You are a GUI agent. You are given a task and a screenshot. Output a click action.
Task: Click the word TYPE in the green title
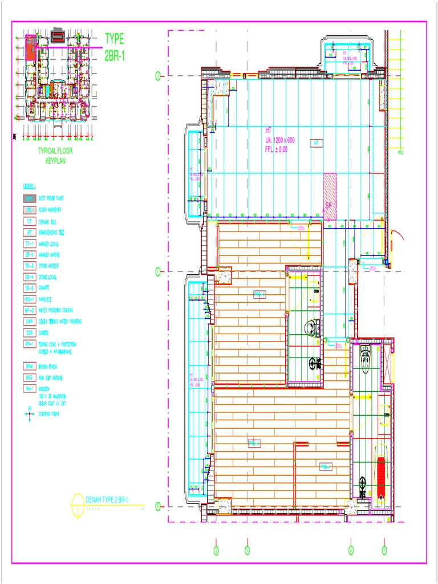(114, 39)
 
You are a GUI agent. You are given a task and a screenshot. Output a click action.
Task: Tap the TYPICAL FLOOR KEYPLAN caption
(55, 156)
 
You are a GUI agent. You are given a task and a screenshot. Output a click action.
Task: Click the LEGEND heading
(29, 186)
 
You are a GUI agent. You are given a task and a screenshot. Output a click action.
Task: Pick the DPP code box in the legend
(29, 198)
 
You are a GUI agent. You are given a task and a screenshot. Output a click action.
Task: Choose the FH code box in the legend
(29, 210)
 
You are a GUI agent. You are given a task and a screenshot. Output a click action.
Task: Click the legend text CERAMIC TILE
(48, 221)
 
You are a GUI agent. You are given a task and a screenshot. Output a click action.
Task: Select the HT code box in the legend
(29, 232)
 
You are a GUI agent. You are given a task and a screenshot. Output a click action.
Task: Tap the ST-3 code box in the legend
(29, 266)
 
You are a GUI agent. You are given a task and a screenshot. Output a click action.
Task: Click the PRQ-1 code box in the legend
(29, 299)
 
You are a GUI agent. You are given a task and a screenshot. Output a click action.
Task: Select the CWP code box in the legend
(29, 321)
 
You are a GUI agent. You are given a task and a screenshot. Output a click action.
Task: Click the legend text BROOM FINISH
(49, 366)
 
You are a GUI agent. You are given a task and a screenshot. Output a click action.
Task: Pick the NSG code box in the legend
(29, 377)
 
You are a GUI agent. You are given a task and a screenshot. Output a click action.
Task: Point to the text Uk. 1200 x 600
(279, 140)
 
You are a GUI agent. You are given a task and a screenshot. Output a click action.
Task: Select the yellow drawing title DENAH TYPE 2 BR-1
(107, 500)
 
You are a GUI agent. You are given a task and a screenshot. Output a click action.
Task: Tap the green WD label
(400, 153)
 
